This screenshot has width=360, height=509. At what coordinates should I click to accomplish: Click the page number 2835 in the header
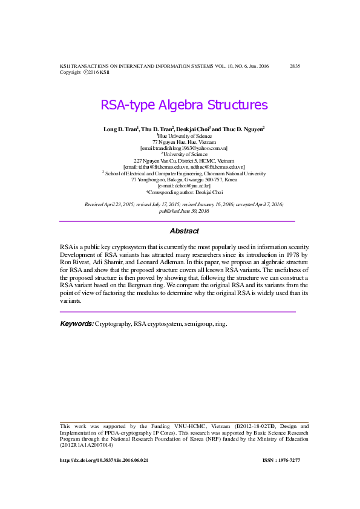point(295,65)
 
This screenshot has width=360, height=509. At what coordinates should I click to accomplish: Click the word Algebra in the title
point(180,106)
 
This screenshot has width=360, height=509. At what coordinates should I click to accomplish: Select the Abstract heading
point(184,231)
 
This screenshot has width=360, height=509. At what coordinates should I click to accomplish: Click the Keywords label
point(76,324)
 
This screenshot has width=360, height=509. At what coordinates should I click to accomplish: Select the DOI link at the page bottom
point(104,461)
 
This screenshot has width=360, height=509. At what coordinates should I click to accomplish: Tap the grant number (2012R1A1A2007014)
point(87,445)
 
